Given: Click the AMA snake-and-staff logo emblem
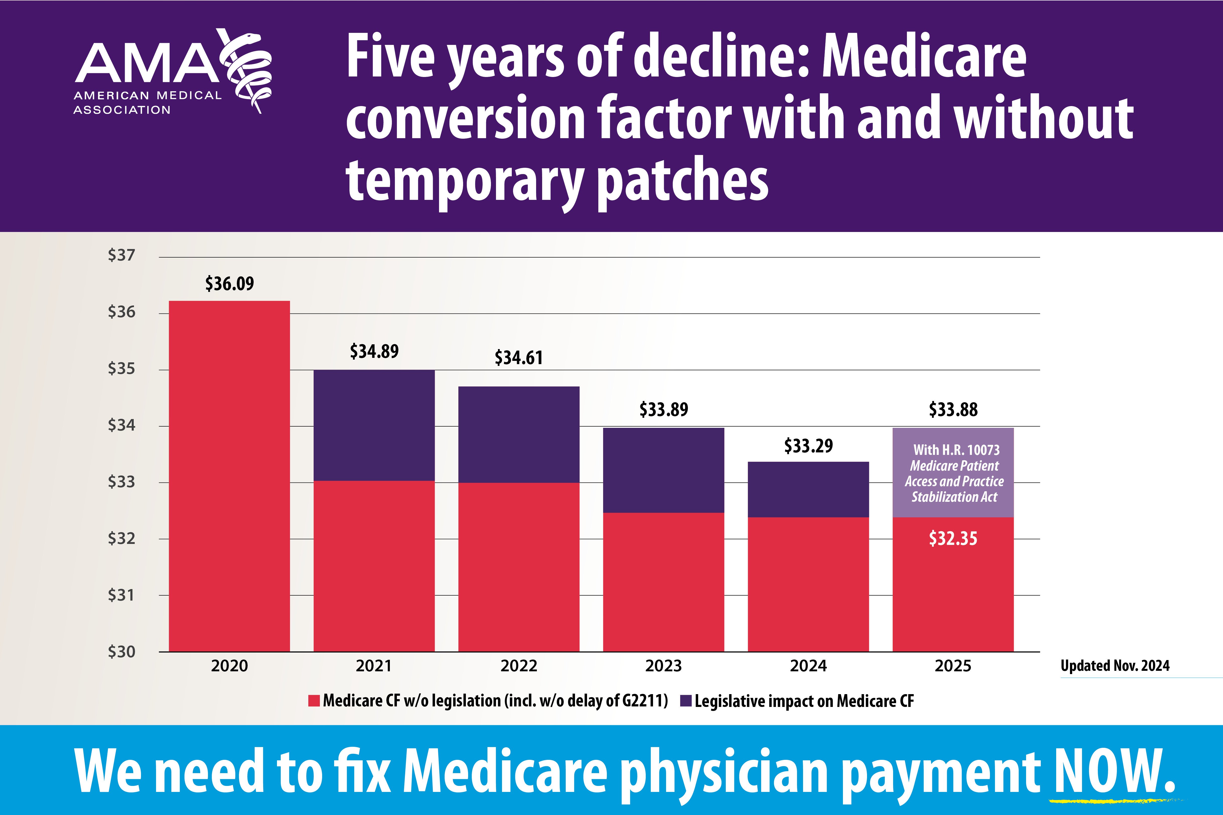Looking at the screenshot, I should click(245, 70).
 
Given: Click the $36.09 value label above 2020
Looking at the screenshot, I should click(229, 284).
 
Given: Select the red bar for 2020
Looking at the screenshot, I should click(229, 476).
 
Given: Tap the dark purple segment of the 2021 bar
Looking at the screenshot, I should click(374, 425).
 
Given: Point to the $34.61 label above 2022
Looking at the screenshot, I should click(518, 358).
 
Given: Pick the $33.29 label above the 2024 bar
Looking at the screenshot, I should click(808, 445).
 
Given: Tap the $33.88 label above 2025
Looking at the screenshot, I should click(953, 410).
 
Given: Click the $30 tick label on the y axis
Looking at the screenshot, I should click(121, 651).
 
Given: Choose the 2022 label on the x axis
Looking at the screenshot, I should click(518, 666).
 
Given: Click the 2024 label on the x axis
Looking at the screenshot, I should click(808, 666).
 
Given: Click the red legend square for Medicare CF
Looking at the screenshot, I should click(314, 701).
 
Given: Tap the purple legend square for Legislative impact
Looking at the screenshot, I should click(686, 701).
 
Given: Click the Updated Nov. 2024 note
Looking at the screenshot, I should click(1115, 666).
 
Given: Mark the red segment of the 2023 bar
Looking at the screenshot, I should click(664, 582).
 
